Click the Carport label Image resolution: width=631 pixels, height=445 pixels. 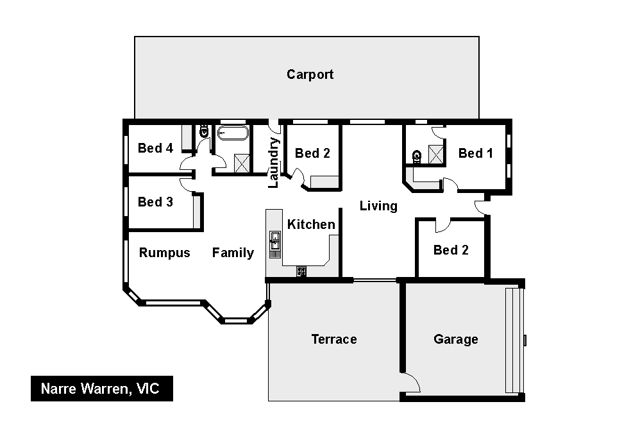pyautogui.click(x=310, y=74)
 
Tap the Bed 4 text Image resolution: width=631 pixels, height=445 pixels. pyautogui.click(x=155, y=148)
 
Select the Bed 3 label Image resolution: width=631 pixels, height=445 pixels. pyautogui.click(x=155, y=201)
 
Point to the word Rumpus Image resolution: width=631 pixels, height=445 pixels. pyautogui.click(x=164, y=253)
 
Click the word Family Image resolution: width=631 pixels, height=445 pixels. pyautogui.click(x=233, y=253)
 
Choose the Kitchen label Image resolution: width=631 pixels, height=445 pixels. pyautogui.click(x=311, y=224)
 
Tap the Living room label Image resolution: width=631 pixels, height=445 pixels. pyautogui.click(x=378, y=206)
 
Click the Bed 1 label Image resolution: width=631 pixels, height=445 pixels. pyautogui.click(x=476, y=153)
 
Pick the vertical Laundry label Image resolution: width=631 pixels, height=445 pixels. pyautogui.click(x=273, y=163)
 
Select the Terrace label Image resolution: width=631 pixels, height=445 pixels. pyautogui.click(x=334, y=339)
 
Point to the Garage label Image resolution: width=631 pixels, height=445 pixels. pyautogui.click(x=456, y=339)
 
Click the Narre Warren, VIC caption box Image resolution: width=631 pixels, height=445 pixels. pyautogui.click(x=102, y=389)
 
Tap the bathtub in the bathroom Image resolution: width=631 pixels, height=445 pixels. pyautogui.click(x=233, y=133)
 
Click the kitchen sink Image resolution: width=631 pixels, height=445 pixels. pyautogui.click(x=275, y=240)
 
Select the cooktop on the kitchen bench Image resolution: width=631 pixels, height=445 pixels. pyautogui.click(x=301, y=271)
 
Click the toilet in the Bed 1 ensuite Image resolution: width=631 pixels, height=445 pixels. pyautogui.click(x=417, y=156)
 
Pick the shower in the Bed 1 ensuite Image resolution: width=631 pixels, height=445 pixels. pyautogui.click(x=436, y=155)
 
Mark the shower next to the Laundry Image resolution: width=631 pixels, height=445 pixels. pyautogui.click(x=242, y=164)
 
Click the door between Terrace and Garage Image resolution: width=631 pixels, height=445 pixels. pyautogui.click(x=410, y=382)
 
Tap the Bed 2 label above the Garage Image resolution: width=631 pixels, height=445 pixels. pyautogui.click(x=451, y=250)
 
